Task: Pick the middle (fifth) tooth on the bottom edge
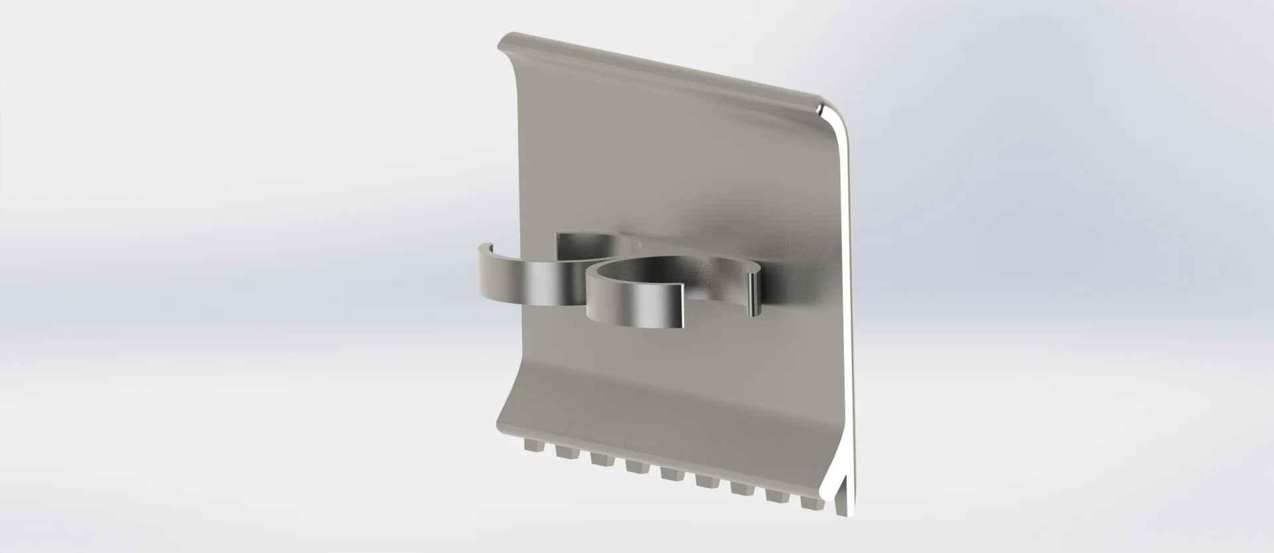[670, 469]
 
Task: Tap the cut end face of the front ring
[684, 306]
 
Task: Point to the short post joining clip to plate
[754, 295]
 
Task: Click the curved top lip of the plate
[664, 73]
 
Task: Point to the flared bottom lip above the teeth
[664, 418]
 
